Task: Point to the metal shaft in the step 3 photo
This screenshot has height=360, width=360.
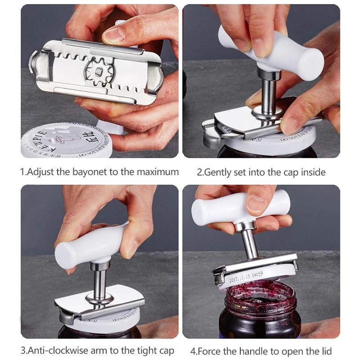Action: (x=99, y=281)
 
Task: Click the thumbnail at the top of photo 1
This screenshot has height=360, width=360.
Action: (x=115, y=34)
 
